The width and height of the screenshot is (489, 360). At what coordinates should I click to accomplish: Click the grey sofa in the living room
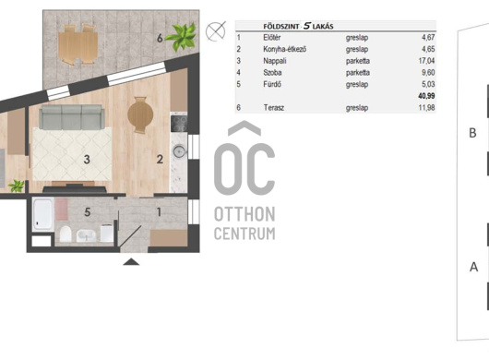[x=71, y=117]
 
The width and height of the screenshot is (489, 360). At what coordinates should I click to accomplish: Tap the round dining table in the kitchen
[x=140, y=114]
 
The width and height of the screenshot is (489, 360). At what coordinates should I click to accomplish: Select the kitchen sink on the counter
[x=179, y=151]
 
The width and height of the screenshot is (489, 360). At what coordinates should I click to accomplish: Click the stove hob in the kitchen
[x=179, y=124]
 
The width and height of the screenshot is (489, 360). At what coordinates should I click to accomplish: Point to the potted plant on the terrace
[x=181, y=37]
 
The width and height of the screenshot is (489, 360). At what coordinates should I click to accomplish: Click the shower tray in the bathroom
[x=43, y=214]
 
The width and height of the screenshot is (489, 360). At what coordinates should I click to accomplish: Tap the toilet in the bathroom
[x=66, y=234]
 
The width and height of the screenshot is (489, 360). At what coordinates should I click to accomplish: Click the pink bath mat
[x=62, y=209]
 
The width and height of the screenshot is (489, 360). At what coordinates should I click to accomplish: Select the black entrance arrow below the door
[x=131, y=262]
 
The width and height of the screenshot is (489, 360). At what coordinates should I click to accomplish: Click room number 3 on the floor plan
[x=87, y=160]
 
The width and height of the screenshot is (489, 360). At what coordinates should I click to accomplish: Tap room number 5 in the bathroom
[x=88, y=212]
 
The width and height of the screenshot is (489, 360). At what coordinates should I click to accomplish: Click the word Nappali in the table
[x=275, y=61]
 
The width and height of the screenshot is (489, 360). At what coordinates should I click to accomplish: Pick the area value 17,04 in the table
[x=426, y=61]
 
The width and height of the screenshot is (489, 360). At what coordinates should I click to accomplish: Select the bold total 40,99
[x=426, y=96]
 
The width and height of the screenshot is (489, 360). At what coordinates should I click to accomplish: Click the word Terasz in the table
[x=274, y=108]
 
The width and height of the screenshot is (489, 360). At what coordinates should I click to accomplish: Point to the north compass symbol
[x=216, y=31]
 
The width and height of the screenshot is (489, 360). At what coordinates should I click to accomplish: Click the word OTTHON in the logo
[x=244, y=214]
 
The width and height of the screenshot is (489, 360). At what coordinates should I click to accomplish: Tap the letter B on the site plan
[x=472, y=133]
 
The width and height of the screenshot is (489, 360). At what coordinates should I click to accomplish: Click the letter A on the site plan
[x=473, y=267]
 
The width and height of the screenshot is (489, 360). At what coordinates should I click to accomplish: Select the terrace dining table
[x=78, y=45]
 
